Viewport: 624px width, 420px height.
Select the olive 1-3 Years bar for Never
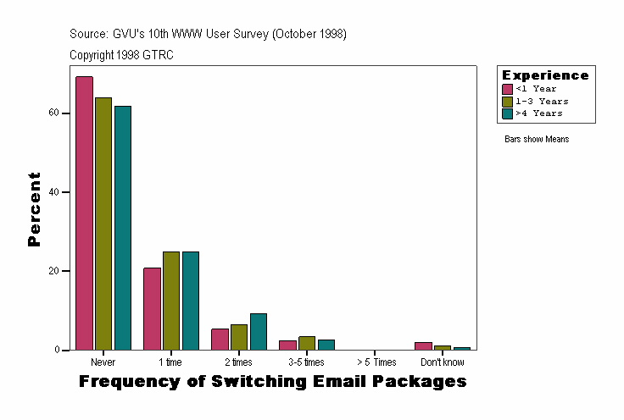pyautogui.click(x=103, y=224)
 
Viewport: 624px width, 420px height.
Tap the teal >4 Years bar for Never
pyautogui.click(x=123, y=228)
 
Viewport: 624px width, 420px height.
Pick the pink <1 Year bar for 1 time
pyautogui.click(x=152, y=309)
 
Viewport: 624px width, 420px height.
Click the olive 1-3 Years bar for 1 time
pyautogui.click(x=171, y=301)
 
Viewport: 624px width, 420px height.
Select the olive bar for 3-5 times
pyautogui.click(x=307, y=343)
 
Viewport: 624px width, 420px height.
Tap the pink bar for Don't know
pyautogui.click(x=423, y=346)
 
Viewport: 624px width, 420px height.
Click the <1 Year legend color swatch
pyautogui.click(x=507, y=89)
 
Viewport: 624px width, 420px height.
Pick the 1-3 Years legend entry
pyautogui.click(x=536, y=101)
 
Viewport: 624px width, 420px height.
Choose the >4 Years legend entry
pyautogui.click(x=536, y=113)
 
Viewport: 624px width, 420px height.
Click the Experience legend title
pyautogui.click(x=545, y=75)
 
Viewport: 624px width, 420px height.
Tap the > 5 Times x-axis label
pyautogui.click(x=376, y=362)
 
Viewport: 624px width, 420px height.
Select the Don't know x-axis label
pyautogui.click(x=443, y=362)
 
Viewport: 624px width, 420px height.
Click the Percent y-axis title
pyautogui.click(x=34, y=209)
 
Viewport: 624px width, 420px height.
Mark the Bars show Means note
pyautogui.click(x=537, y=139)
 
